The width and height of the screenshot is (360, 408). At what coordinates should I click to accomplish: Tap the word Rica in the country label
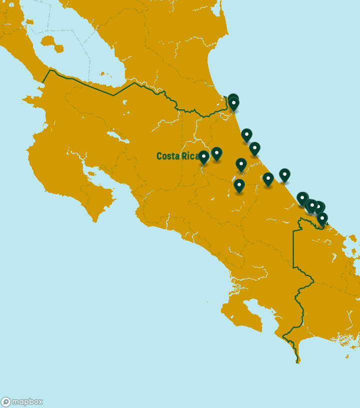click(190, 156)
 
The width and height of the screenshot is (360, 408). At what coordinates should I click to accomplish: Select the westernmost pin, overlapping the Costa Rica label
click(203, 157)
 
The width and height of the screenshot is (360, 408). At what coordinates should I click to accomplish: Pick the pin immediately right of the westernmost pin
click(216, 153)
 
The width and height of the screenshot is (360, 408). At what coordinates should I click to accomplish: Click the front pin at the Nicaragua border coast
click(233, 103)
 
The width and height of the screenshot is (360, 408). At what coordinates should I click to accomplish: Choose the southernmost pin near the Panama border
click(322, 218)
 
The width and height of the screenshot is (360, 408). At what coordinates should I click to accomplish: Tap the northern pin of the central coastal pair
click(246, 135)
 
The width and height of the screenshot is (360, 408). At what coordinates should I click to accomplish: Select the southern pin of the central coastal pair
click(254, 148)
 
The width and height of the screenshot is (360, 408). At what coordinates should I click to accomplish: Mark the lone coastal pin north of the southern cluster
click(284, 175)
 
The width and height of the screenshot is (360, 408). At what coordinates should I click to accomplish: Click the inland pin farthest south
click(239, 185)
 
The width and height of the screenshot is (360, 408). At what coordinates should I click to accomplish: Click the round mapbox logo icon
click(6, 402)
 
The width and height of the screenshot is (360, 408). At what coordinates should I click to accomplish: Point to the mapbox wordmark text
click(27, 402)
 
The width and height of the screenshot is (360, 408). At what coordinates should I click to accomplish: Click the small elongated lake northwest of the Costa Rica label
click(115, 135)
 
